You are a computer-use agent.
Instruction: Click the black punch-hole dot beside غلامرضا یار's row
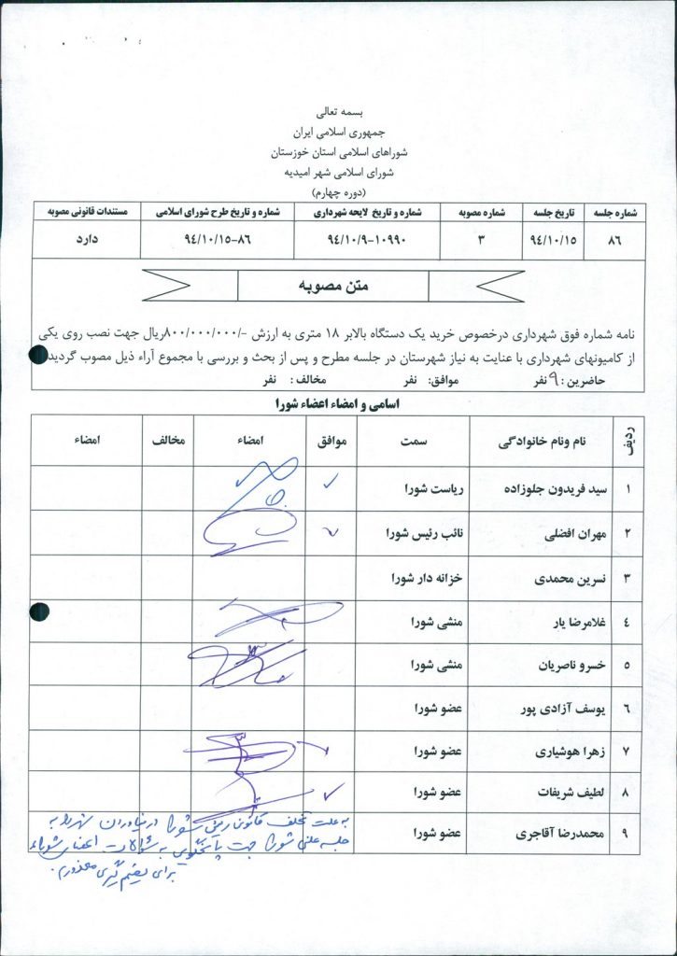[x=39, y=612]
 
